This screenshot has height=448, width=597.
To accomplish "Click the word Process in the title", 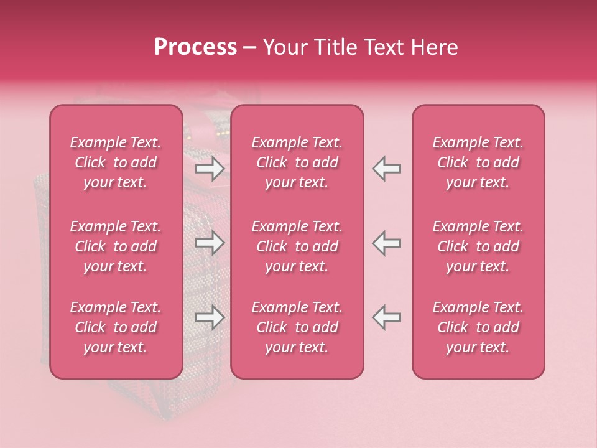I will tap(195, 47).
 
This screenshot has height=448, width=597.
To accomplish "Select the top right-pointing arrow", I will tap(210, 168).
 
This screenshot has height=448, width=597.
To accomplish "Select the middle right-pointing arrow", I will tap(210, 243).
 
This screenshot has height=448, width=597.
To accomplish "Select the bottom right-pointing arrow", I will tap(210, 317).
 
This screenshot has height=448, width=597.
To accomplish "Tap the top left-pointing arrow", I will tap(386, 168).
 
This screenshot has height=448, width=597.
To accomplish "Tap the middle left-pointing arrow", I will tap(386, 243).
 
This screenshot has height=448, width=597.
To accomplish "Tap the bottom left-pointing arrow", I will tap(386, 317).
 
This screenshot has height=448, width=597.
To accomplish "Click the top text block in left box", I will tap(116, 162).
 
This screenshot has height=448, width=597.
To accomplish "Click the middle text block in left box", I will tap(116, 246).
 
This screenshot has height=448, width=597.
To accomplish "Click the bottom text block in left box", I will tap(116, 327).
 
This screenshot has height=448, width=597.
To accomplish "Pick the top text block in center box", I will tap(297, 162).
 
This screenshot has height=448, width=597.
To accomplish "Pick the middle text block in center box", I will tap(297, 246).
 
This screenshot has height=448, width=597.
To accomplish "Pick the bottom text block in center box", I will tap(297, 327).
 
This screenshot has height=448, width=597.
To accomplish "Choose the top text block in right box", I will tap(478, 162).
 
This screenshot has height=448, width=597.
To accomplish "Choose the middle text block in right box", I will tap(478, 246).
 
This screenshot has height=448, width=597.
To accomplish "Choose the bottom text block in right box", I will tap(478, 327).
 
